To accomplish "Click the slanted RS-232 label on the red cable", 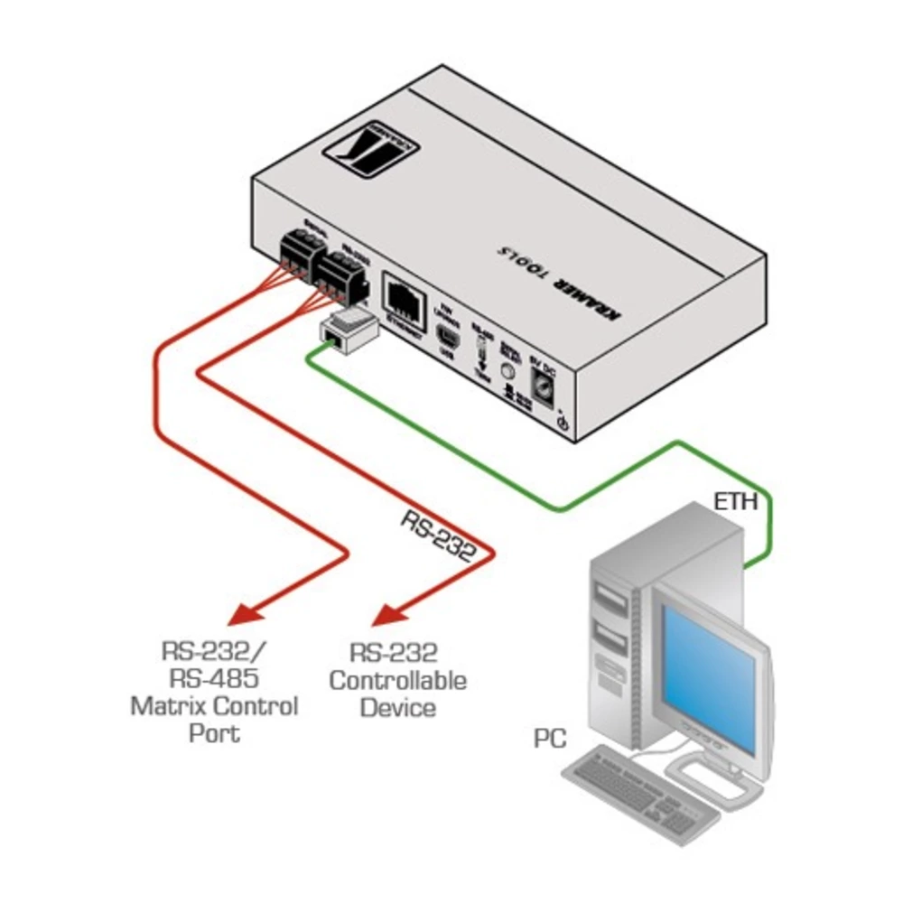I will click(437, 538).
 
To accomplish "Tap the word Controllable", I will click(397, 679).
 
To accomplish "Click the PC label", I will click(549, 740).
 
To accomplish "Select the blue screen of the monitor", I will click(709, 673).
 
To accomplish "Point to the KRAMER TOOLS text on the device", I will click(564, 280).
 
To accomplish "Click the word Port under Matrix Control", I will click(214, 732).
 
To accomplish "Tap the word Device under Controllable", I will click(397, 707).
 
